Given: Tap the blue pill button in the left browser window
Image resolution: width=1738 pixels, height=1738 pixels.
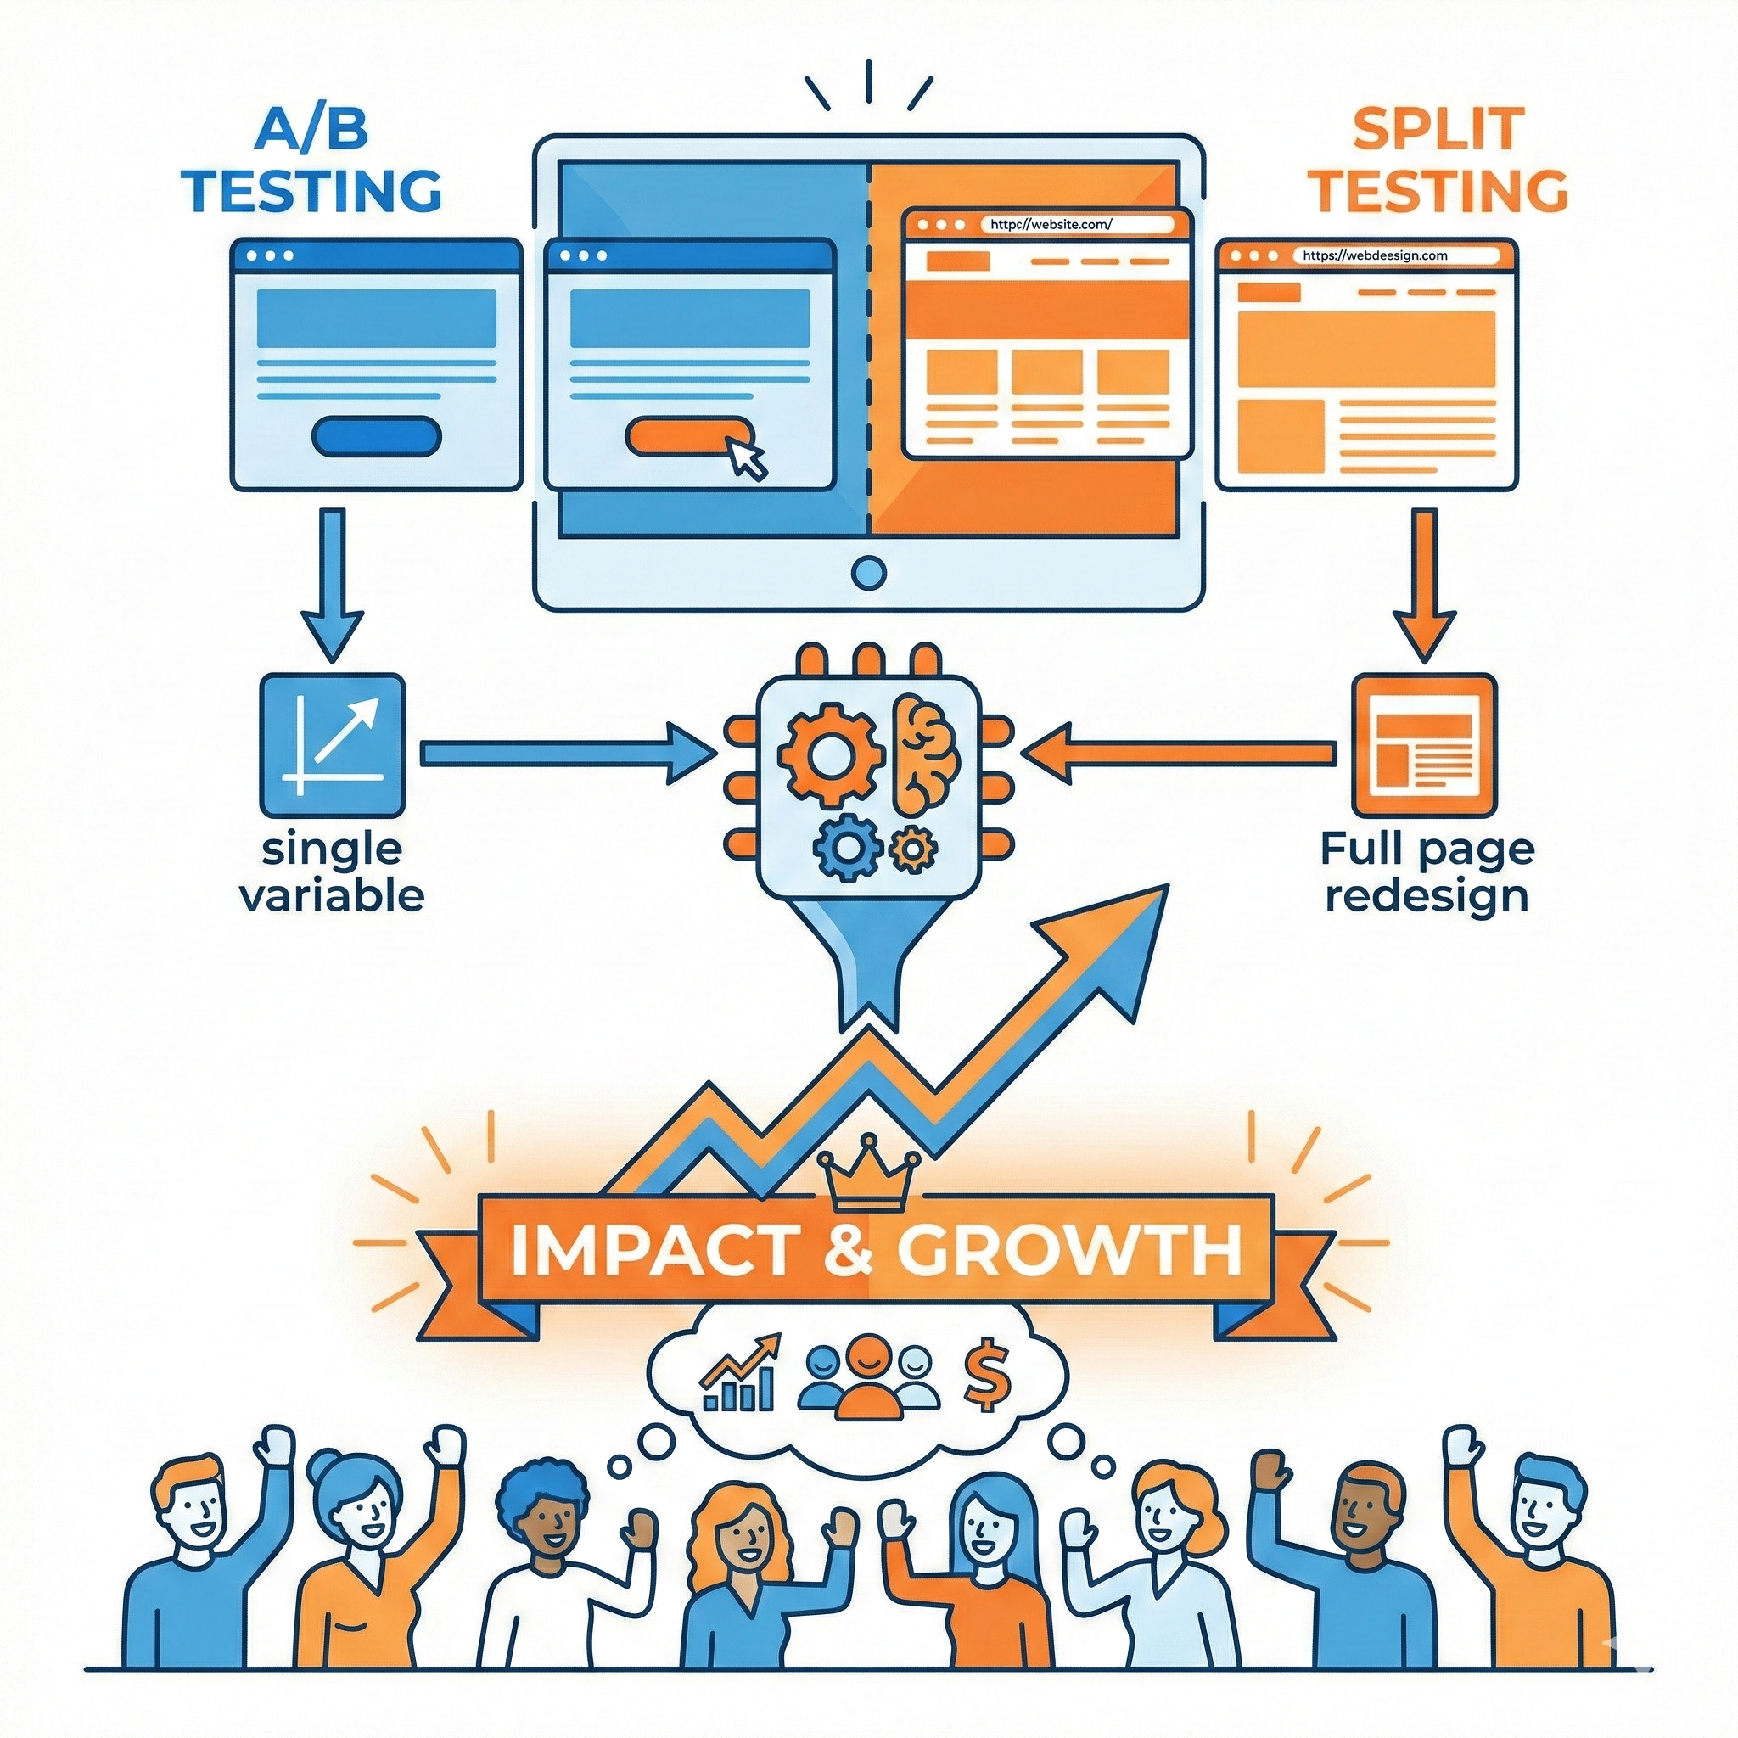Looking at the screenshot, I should pyautogui.click(x=376, y=435).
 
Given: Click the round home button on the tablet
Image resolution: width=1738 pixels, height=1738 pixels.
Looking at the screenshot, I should pyautogui.click(x=868, y=572).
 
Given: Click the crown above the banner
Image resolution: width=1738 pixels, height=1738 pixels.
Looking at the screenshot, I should pyautogui.click(x=869, y=1173).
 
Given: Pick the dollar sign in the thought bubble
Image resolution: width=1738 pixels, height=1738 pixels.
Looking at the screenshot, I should pyautogui.click(x=987, y=1375).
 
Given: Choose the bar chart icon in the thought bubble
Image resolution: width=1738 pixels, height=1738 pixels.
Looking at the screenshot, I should pyautogui.click(x=739, y=1373).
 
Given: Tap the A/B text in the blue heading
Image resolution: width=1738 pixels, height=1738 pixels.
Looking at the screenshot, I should pyautogui.click(x=313, y=130).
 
